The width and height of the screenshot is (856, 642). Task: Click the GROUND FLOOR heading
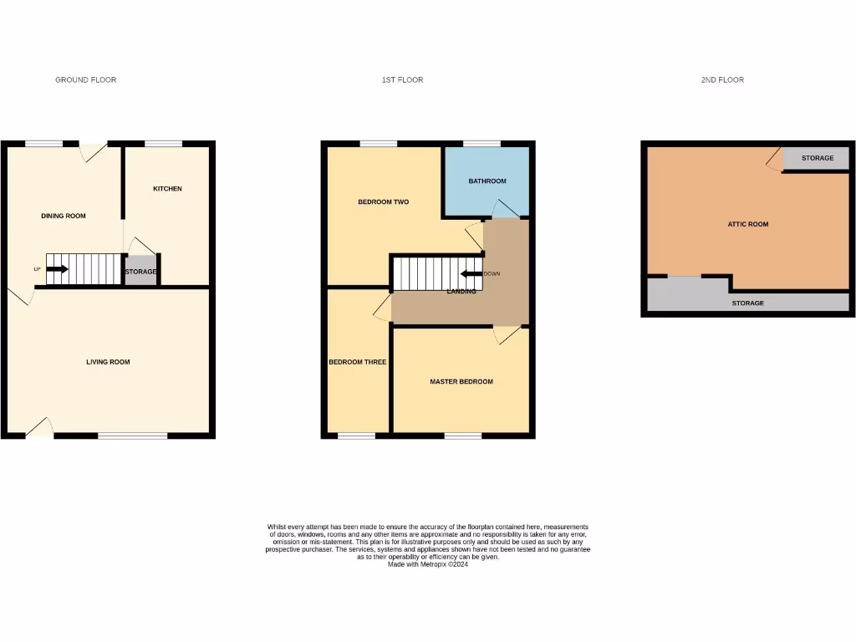tap(85, 80)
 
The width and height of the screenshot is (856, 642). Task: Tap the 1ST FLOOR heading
tap(402, 80)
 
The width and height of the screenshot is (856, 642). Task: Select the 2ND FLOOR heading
tap(722, 80)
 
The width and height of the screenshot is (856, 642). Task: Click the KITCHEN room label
tap(167, 189)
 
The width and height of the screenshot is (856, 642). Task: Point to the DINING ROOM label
tap(64, 217)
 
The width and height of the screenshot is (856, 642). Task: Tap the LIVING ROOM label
tap(108, 362)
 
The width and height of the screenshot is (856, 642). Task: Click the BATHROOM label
tap(487, 181)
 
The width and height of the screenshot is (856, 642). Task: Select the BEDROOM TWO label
tap(383, 202)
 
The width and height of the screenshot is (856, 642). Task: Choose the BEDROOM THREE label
tap(357, 362)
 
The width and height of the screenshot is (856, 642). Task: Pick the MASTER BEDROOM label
tap(461, 382)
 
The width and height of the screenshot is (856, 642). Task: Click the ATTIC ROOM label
tap(748, 224)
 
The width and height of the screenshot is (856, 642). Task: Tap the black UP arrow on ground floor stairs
tap(58, 269)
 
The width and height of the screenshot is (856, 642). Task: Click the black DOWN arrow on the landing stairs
tap(471, 273)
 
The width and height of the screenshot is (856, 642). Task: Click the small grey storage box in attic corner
tap(817, 158)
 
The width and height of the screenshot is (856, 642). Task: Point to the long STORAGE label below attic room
tap(747, 303)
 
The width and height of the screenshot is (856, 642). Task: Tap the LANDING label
tap(461, 292)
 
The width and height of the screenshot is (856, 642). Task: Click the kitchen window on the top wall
tap(164, 144)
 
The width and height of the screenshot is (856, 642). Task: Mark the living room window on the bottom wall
tap(132, 436)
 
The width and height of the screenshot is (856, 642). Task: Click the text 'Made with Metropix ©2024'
tap(427, 564)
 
